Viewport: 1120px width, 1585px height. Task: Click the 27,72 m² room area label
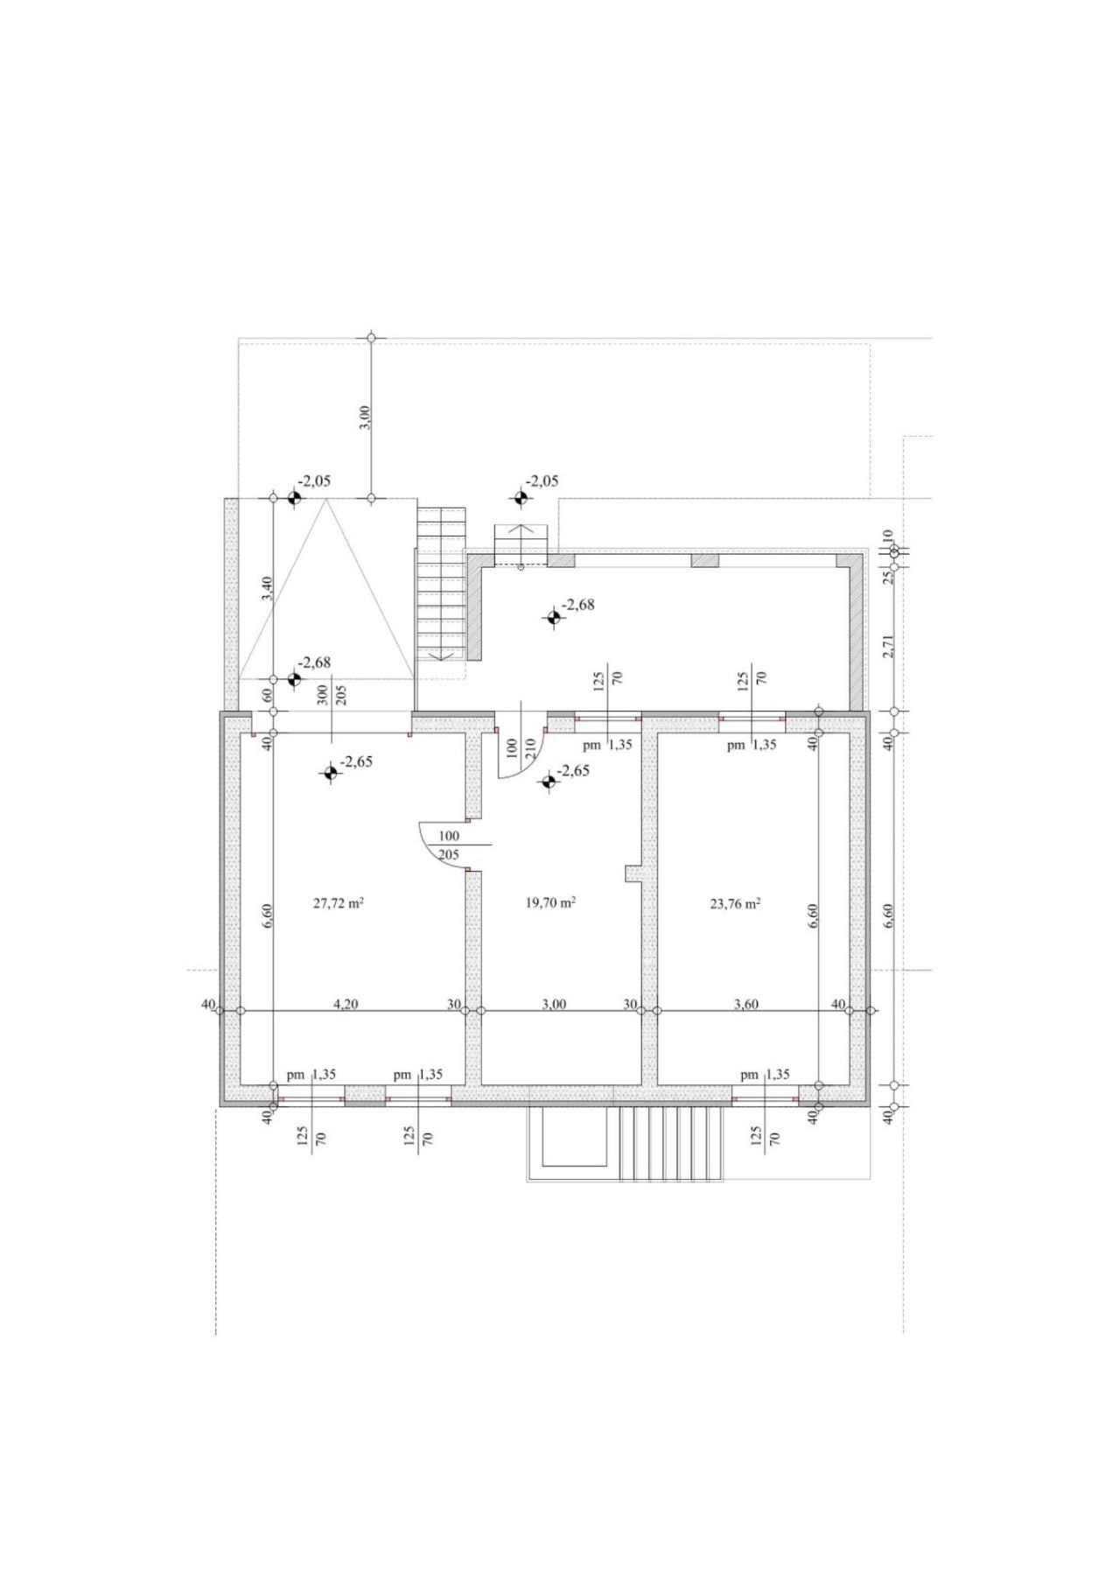(x=339, y=904)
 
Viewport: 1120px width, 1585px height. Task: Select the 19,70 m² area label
(x=549, y=904)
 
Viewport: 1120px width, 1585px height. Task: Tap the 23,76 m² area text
(x=735, y=904)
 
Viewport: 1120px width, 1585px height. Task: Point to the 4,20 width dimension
(x=346, y=1004)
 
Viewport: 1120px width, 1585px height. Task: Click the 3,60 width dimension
(x=745, y=1004)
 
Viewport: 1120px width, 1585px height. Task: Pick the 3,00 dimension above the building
(x=366, y=417)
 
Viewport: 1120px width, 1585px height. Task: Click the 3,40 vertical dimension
(x=268, y=588)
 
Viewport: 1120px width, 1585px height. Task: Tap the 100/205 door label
(x=448, y=845)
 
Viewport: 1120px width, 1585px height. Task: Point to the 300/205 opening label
(x=332, y=695)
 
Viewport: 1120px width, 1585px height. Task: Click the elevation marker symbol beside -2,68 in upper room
(x=553, y=618)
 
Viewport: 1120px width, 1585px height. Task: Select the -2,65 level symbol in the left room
(x=330, y=772)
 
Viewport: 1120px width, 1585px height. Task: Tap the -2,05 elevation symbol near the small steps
(x=521, y=498)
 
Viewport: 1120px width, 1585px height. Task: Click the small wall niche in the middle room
(x=633, y=873)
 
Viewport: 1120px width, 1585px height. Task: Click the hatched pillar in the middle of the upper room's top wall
(x=704, y=560)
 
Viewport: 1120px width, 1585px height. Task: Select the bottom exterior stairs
(x=670, y=1143)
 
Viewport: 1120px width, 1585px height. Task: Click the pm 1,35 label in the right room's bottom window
(x=765, y=1075)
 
